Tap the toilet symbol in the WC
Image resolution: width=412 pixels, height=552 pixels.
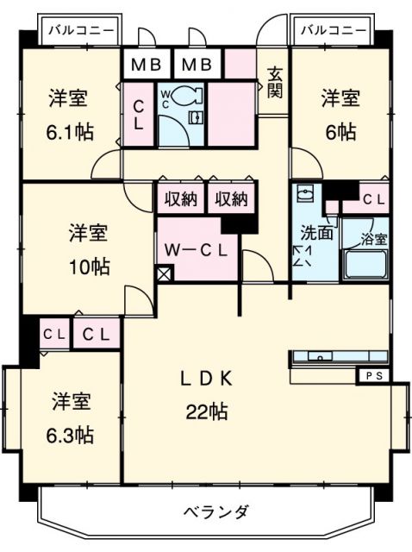coord(193,97)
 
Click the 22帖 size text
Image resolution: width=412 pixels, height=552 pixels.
coord(207,411)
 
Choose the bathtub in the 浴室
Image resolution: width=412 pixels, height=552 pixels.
coord(365,265)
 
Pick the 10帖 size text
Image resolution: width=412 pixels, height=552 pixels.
coord(90,266)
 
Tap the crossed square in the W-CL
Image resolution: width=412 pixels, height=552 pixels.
coord(165,277)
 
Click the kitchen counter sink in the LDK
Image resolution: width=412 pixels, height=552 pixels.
coord(321,356)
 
